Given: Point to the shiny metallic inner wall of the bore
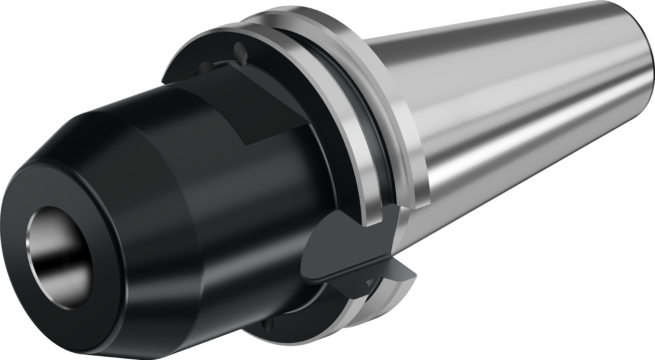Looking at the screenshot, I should pos(45,243).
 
